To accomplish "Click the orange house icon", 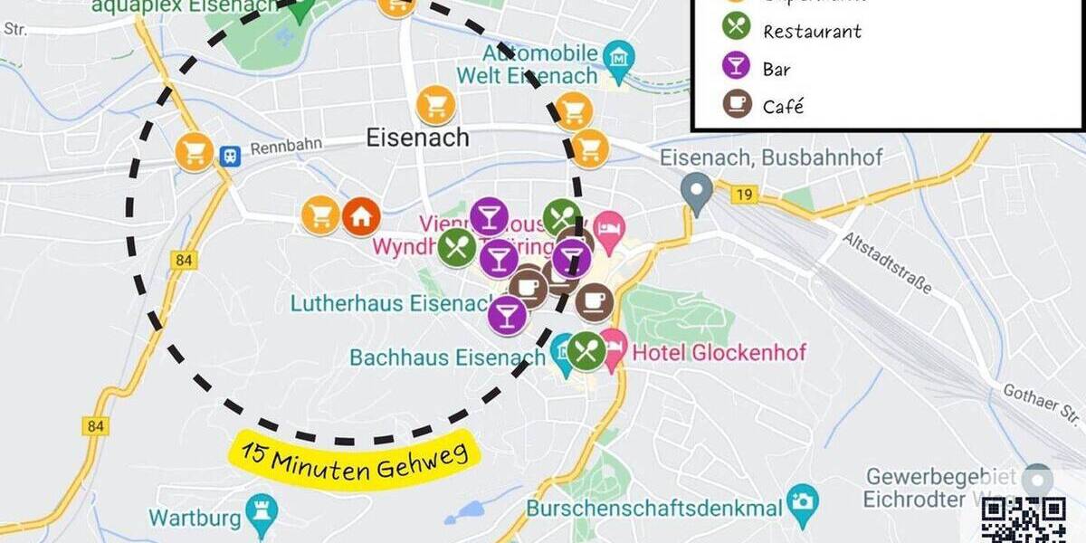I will point(360,216).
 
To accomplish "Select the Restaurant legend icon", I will point(738,30).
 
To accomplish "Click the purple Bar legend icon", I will point(738,68).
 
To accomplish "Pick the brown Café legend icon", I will point(738,105).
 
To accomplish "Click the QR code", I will point(1024,520).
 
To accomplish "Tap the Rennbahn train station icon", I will point(232,153).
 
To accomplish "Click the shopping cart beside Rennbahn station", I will point(195,151).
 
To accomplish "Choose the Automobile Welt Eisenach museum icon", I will point(620,58).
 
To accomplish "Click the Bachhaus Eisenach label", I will point(450,357).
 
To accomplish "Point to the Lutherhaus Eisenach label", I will point(390,303).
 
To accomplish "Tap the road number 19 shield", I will point(744,192).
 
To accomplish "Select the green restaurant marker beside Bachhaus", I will point(586,350).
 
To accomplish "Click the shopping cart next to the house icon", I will point(320,216).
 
